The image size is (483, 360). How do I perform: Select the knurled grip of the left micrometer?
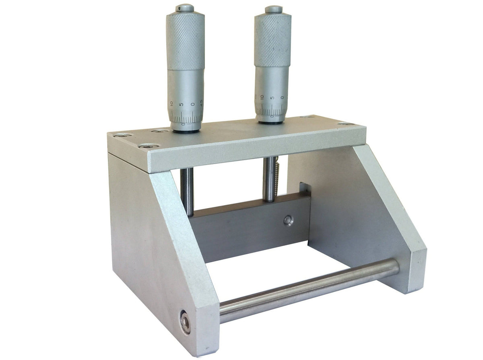[x=185, y=42]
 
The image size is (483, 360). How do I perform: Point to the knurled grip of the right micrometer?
[x=272, y=40]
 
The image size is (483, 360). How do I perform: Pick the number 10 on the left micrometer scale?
[x=172, y=103]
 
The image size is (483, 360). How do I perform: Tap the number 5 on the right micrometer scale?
[x=272, y=97]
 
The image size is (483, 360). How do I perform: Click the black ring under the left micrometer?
[x=186, y=131]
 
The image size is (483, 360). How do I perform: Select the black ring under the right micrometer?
[x=270, y=122]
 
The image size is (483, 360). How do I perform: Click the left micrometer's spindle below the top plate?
[x=187, y=189]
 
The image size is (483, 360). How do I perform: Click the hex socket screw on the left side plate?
[x=186, y=322]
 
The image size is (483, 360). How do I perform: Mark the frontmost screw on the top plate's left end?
[x=150, y=145]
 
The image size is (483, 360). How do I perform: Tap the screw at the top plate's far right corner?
[x=345, y=124]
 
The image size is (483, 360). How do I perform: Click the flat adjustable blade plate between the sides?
[x=250, y=229]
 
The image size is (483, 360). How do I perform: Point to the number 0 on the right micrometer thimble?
[x=282, y=97]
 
